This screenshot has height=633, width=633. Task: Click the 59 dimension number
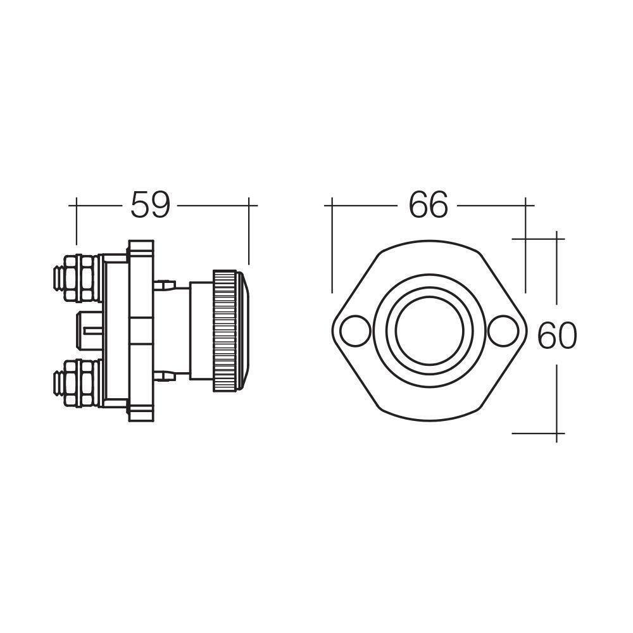tap(150, 205)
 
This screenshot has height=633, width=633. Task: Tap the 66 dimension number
tap(428, 205)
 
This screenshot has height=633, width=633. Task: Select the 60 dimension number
tap(557, 336)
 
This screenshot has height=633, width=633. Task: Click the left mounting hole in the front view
tap(354, 330)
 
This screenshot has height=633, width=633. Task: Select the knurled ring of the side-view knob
tap(225, 330)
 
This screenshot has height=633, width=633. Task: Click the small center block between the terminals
tap(89, 330)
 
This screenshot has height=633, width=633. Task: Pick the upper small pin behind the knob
tap(165, 284)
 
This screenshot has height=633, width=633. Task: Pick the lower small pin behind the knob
tap(165, 377)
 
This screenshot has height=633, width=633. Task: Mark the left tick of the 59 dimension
tap(77, 205)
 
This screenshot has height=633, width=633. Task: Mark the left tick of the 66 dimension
tap(332, 205)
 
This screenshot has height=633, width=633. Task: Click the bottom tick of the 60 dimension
tap(556, 434)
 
